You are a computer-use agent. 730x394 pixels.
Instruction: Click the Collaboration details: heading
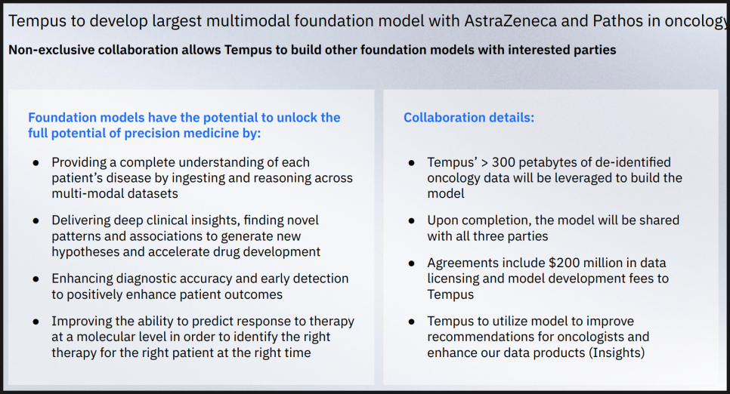(x=469, y=118)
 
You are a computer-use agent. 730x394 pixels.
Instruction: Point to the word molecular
(x=108, y=337)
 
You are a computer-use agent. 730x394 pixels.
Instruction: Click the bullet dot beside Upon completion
(x=412, y=220)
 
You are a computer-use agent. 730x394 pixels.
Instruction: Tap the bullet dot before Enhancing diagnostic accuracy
(x=36, y=279)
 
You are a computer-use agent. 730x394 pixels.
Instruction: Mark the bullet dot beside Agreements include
(x=412, y=263)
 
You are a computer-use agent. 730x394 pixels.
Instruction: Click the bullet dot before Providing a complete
(x=36, y=163)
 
